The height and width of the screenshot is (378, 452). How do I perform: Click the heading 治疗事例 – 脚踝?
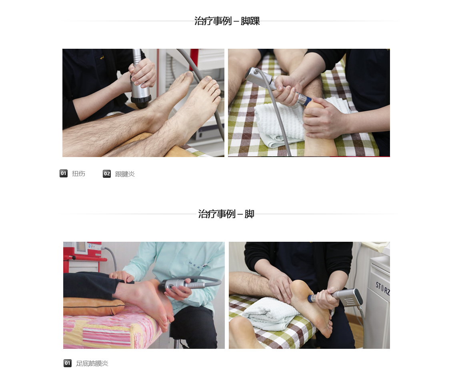coord(227,21)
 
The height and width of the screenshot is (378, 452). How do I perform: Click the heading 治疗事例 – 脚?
coord(226,214)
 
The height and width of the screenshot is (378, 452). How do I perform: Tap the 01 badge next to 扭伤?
coord(64,173)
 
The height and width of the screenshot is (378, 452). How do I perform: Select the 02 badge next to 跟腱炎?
coord(107,173)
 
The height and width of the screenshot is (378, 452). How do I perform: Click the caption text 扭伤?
coord(78,173)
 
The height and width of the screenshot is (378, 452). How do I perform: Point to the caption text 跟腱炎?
coord(125,174)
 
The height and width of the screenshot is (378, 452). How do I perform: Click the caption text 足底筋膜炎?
coord(92,363)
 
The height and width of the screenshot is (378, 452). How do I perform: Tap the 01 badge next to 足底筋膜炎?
coord(68,363)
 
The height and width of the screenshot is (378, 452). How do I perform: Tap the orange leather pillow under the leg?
coord(94,306)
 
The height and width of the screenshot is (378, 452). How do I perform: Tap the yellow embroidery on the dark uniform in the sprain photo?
coord(102,58)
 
